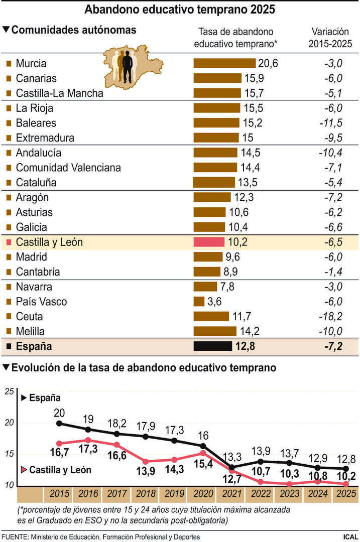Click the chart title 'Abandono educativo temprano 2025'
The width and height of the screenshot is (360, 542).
click(180, 10)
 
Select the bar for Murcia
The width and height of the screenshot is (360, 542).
click(224, 63)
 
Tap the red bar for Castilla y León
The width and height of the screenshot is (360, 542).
click(209, 242)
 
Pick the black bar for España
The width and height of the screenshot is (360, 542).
click(213, 346)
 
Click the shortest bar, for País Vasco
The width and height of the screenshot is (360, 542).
click(199, 302)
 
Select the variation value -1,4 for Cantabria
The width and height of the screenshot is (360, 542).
click(332, 272)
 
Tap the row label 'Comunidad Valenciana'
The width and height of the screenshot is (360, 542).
click(68, 168)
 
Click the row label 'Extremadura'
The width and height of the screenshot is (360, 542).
click(45, 138)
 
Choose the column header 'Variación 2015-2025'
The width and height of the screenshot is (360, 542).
click(331, 38)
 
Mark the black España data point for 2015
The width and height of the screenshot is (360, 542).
click(60, 423)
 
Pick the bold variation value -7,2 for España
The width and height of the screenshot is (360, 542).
click(332, 346)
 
